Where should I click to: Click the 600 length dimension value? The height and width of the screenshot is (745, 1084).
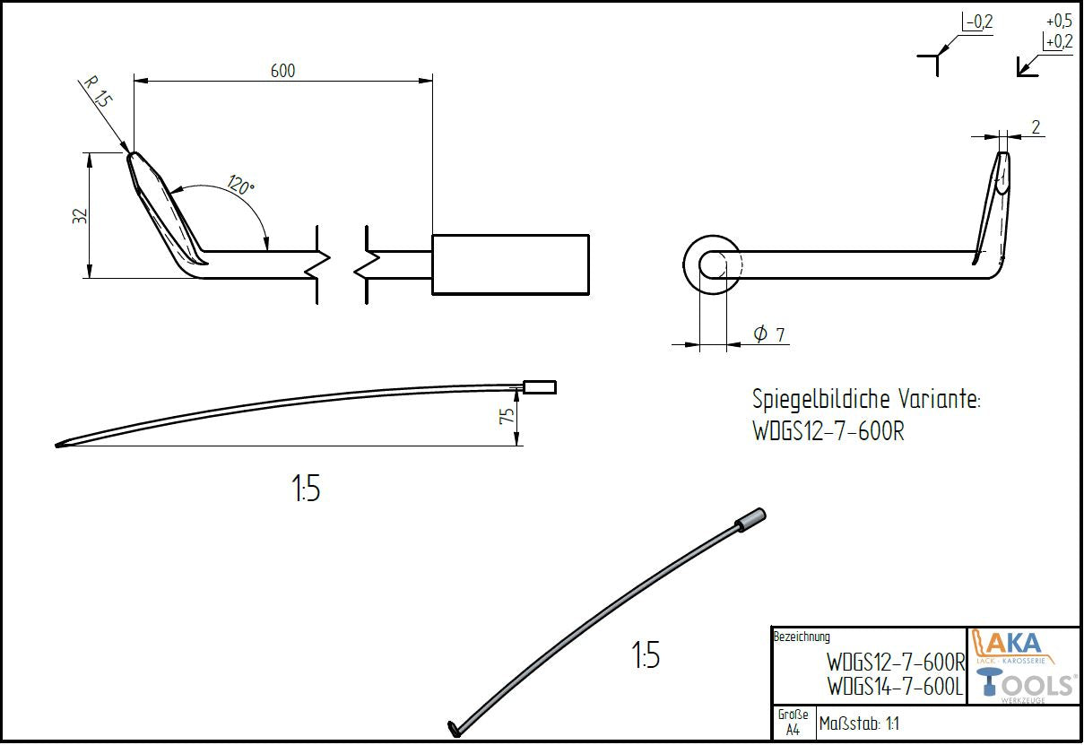pos(282,70)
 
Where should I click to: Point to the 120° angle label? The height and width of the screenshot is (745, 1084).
pos(241,186)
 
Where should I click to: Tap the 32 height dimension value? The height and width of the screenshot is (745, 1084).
pos(79,216)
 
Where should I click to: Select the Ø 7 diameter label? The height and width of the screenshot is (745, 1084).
pos(769,334)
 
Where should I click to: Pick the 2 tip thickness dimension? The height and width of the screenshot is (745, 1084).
pos(1036,127)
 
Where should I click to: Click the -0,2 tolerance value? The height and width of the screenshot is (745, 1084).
pos(979,22)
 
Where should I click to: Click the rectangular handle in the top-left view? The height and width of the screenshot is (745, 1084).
pos(510,264)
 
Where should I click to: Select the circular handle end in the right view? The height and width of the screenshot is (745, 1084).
pos(712,265)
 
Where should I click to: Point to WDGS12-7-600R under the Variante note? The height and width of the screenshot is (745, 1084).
pos(828,432)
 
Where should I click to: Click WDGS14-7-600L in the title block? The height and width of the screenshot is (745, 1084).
pos(895,687)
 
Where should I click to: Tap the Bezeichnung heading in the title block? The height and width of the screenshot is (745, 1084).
pos(802,637)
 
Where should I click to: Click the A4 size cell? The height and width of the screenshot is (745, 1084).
pos(793,730)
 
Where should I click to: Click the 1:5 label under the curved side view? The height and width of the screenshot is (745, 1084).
pos(305,489)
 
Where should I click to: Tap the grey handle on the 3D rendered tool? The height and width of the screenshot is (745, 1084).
pos(750,520)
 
